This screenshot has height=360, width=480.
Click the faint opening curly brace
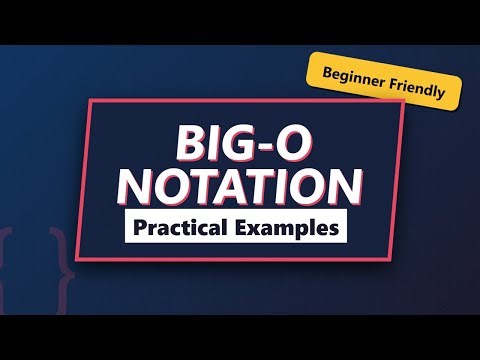coord(12,255)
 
